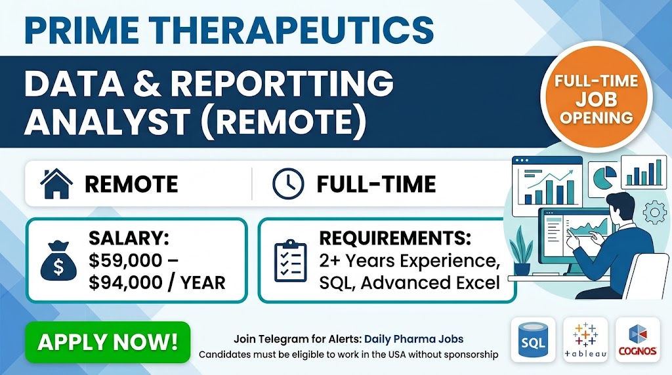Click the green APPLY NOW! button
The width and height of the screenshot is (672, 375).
[108, 342]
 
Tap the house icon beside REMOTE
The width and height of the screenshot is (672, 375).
[56, 184]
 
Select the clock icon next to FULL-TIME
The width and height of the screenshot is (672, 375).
[288, 184]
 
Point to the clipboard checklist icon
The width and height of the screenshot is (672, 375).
[291, 261]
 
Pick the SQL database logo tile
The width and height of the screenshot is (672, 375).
[533, 340]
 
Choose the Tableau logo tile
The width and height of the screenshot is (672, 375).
[585, 340]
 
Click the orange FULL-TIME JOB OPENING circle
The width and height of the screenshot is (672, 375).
[596, 97]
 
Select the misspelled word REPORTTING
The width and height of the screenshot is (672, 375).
[282, 83]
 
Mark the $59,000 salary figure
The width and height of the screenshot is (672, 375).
[125, 261]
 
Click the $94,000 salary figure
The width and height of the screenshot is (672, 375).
[125, 283]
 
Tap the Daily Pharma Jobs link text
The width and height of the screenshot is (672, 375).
[413, 339]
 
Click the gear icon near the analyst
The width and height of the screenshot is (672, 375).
[654, 212]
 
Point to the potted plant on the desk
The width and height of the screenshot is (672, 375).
[521, 251]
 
